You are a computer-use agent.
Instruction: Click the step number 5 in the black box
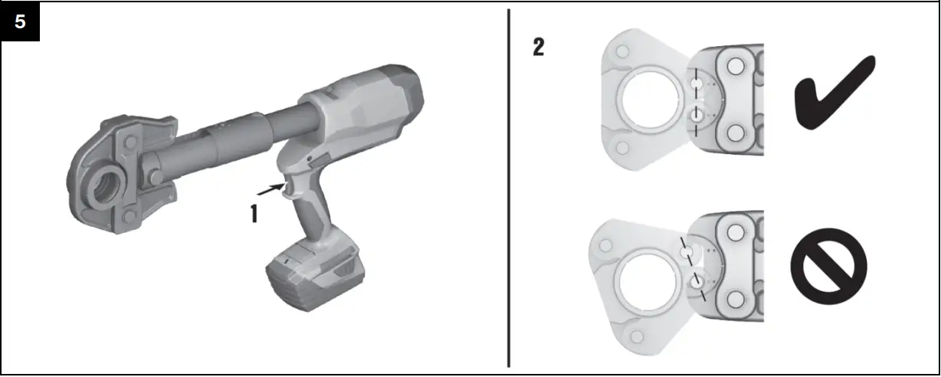[20, 21]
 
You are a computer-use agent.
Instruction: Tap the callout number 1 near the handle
[254, 212]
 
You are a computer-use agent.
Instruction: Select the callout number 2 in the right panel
[539, 48]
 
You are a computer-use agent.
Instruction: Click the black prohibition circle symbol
[828, 265]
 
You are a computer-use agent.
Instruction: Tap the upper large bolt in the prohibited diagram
[737, 231]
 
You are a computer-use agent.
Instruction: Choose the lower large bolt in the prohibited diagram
[737, 303]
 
